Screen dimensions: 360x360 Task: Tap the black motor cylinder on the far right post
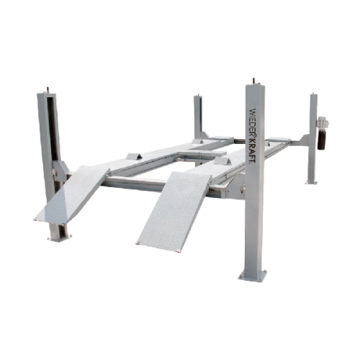pos(321,140)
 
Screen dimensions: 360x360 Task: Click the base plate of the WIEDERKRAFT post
pos(253,275)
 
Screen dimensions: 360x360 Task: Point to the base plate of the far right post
pos(311,183)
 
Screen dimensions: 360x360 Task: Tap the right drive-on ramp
pos(174,211)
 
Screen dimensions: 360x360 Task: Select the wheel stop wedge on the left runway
pos(134,156)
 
